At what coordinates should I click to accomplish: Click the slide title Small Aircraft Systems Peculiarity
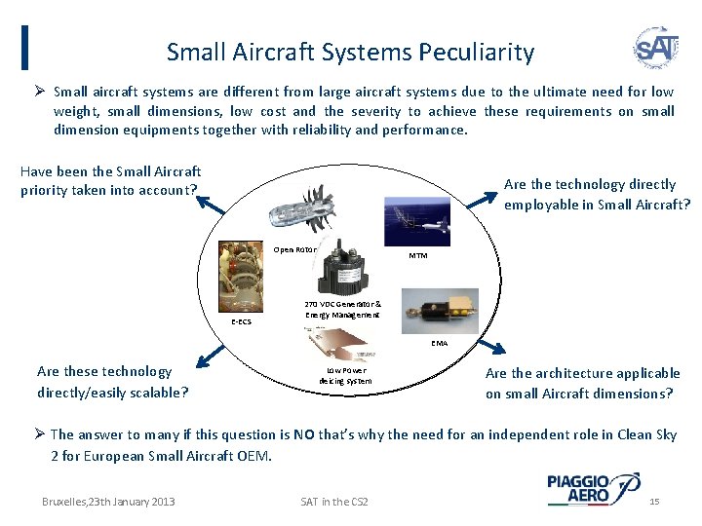click(x=350, y=52)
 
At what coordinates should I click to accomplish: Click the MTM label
click(x=417, y=256)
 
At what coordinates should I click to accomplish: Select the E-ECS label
click(x=240, y=321)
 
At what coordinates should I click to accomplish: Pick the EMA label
click(x=440, y=343)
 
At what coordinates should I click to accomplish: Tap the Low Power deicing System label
click(x=345, y=375)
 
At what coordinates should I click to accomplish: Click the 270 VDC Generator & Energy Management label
click(x=342, y=309)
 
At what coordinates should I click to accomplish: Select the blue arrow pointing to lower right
click(x=494, y=348)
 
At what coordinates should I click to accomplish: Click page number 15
click(x=654, y=501)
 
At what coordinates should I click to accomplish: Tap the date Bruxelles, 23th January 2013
click(x=108, y=501)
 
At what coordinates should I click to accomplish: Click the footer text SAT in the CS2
click(x=334, y=501)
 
